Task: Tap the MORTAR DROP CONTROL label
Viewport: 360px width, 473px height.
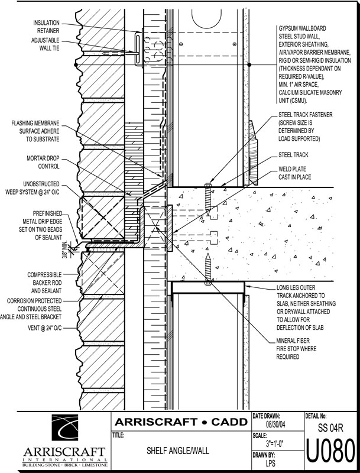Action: [41, 162]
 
